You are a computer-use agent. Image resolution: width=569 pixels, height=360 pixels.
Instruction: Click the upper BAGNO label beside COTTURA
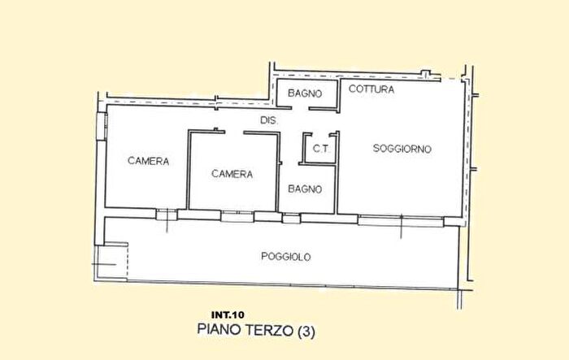(304, 93)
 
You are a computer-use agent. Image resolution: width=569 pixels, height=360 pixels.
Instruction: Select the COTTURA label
(371, 90)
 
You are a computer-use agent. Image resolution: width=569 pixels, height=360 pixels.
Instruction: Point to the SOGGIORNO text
(402, 149)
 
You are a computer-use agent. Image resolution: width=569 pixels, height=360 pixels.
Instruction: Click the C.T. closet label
(319, 150)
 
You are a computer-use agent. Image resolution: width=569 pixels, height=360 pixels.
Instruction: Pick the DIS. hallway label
(269, 120)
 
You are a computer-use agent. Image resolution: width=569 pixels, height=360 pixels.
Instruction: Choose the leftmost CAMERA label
(148, 161)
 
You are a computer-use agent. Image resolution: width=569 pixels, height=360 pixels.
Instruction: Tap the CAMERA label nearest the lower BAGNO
(232, 174)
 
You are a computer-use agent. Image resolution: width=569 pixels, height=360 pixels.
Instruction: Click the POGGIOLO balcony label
(286, 256)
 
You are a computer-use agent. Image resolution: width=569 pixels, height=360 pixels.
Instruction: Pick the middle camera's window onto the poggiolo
(237, 215)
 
